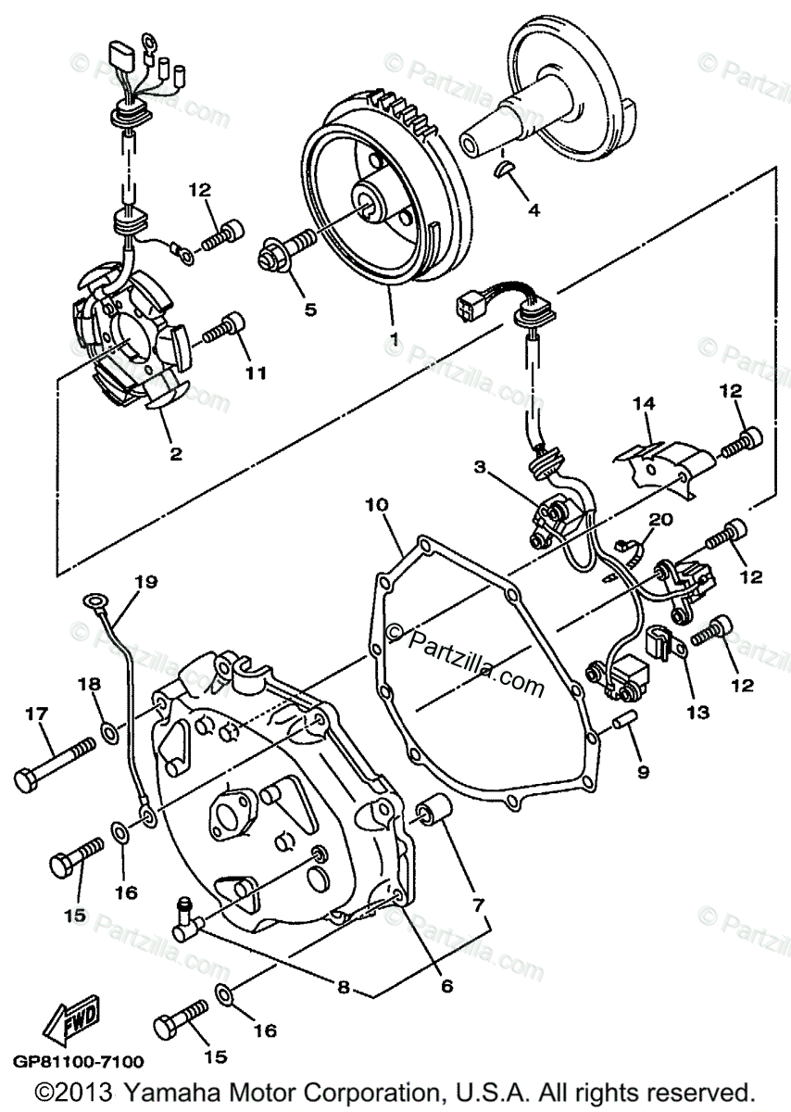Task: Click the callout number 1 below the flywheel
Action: (x=395, y=339)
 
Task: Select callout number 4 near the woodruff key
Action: (x=533, y=209)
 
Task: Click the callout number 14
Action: (x=644, y=403)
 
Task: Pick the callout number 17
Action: (x=36, y=714)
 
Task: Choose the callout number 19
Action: (x=145, y=581)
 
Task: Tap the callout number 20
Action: (x=660, y=521)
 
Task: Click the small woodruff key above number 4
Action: (x=503, y=168)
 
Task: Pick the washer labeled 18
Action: (x=109, y=735)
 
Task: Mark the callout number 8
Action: (x=344, y=988)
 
